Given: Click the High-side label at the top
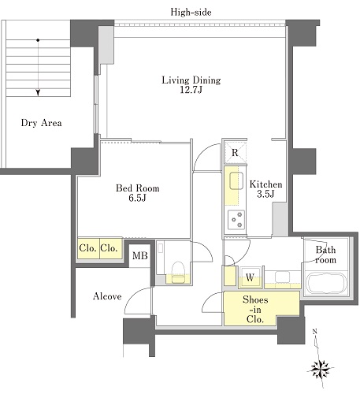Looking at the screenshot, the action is tap(191, 12).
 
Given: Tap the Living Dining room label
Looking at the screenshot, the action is tap(191, 80).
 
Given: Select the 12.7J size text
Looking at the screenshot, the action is tap(191, 90).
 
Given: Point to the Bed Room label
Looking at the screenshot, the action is tap(138, 188).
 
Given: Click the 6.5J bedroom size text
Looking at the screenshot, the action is tap(137, 198).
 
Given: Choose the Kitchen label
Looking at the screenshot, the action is tap(265, 184).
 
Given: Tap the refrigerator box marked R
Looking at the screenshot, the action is tap(236, 153).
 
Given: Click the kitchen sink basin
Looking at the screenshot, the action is tap(236, 180).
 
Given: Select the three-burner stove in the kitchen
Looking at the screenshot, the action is tap(236, 220).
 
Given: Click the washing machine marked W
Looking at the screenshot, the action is tap(250, 277).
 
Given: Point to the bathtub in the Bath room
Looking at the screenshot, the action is tap(327, 284).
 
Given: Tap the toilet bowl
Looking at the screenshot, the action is tap(177, 272).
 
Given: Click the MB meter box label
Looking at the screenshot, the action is tap(140, 255).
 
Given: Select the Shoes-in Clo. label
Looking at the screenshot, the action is tap(255, 310).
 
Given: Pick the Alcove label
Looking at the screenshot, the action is tap(107, 296).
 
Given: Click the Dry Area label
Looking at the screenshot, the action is tap(42, 123).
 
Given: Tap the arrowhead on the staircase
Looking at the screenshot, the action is tap(39, 93).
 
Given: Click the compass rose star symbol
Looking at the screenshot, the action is tap(321, 368).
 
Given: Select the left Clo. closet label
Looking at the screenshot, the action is tap(87, 248).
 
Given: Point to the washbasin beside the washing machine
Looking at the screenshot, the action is tap(282, 277).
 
